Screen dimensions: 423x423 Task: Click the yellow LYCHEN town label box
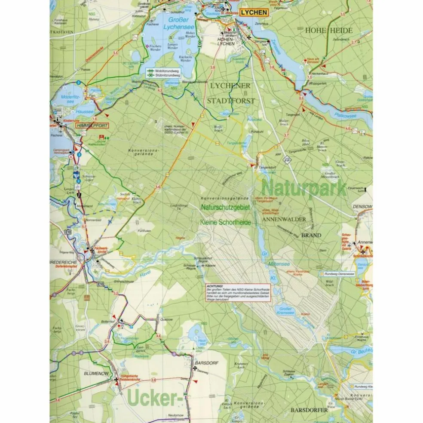click(254, 13)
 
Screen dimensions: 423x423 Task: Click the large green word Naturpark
click(304, 188)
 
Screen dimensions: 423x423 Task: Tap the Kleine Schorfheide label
click(226, 223)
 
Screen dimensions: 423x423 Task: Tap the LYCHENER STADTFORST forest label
click(231, 93)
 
